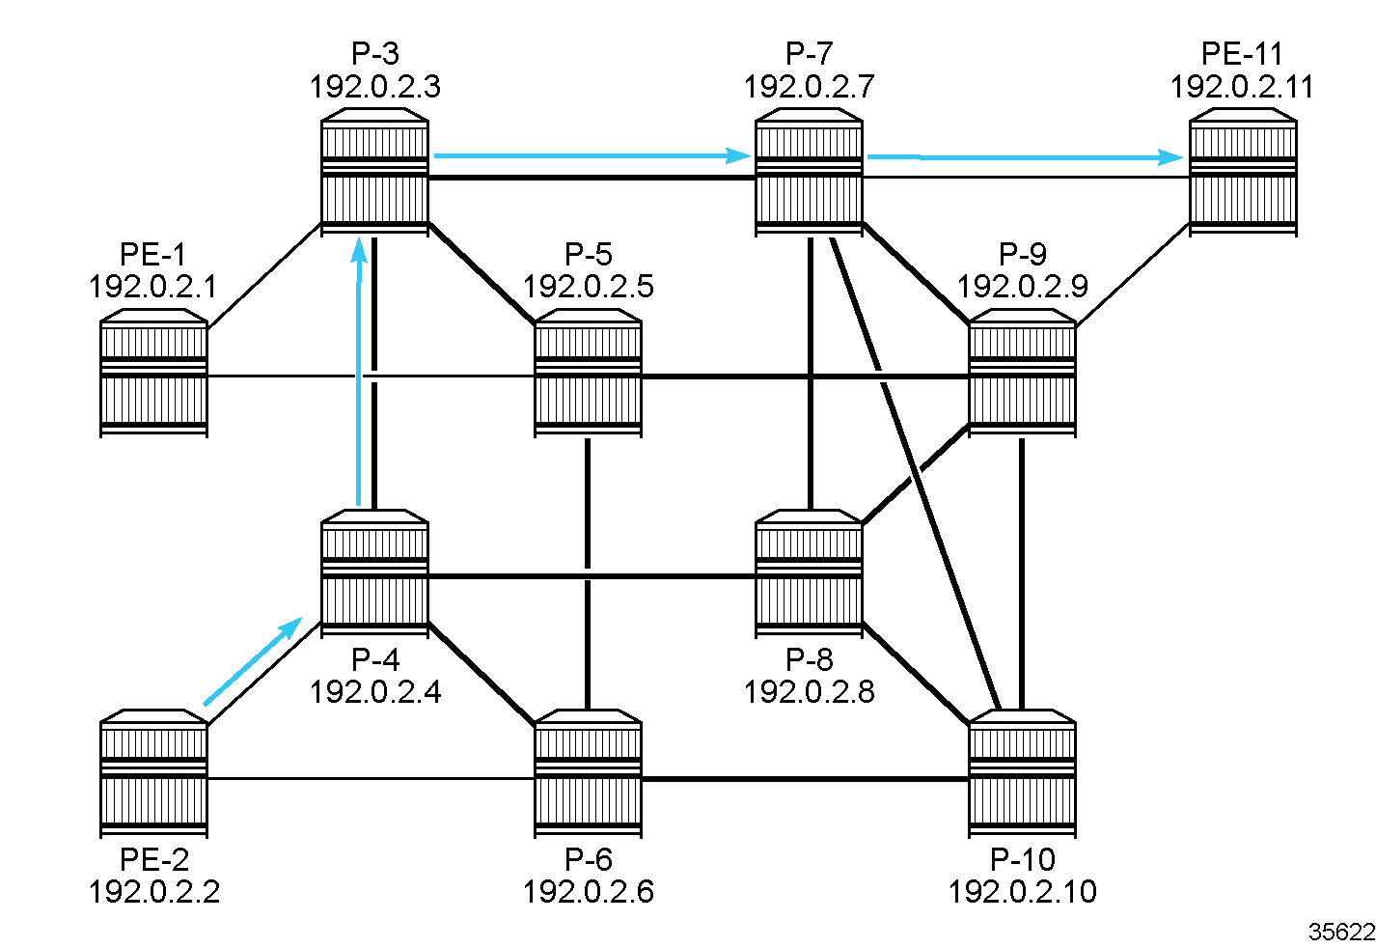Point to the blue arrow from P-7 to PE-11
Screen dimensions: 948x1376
pos(1025,156)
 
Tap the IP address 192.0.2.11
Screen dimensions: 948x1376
pos(1242,87)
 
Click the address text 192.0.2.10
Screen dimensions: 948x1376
pos(1022,891)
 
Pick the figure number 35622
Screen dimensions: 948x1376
pos(1341,932)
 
